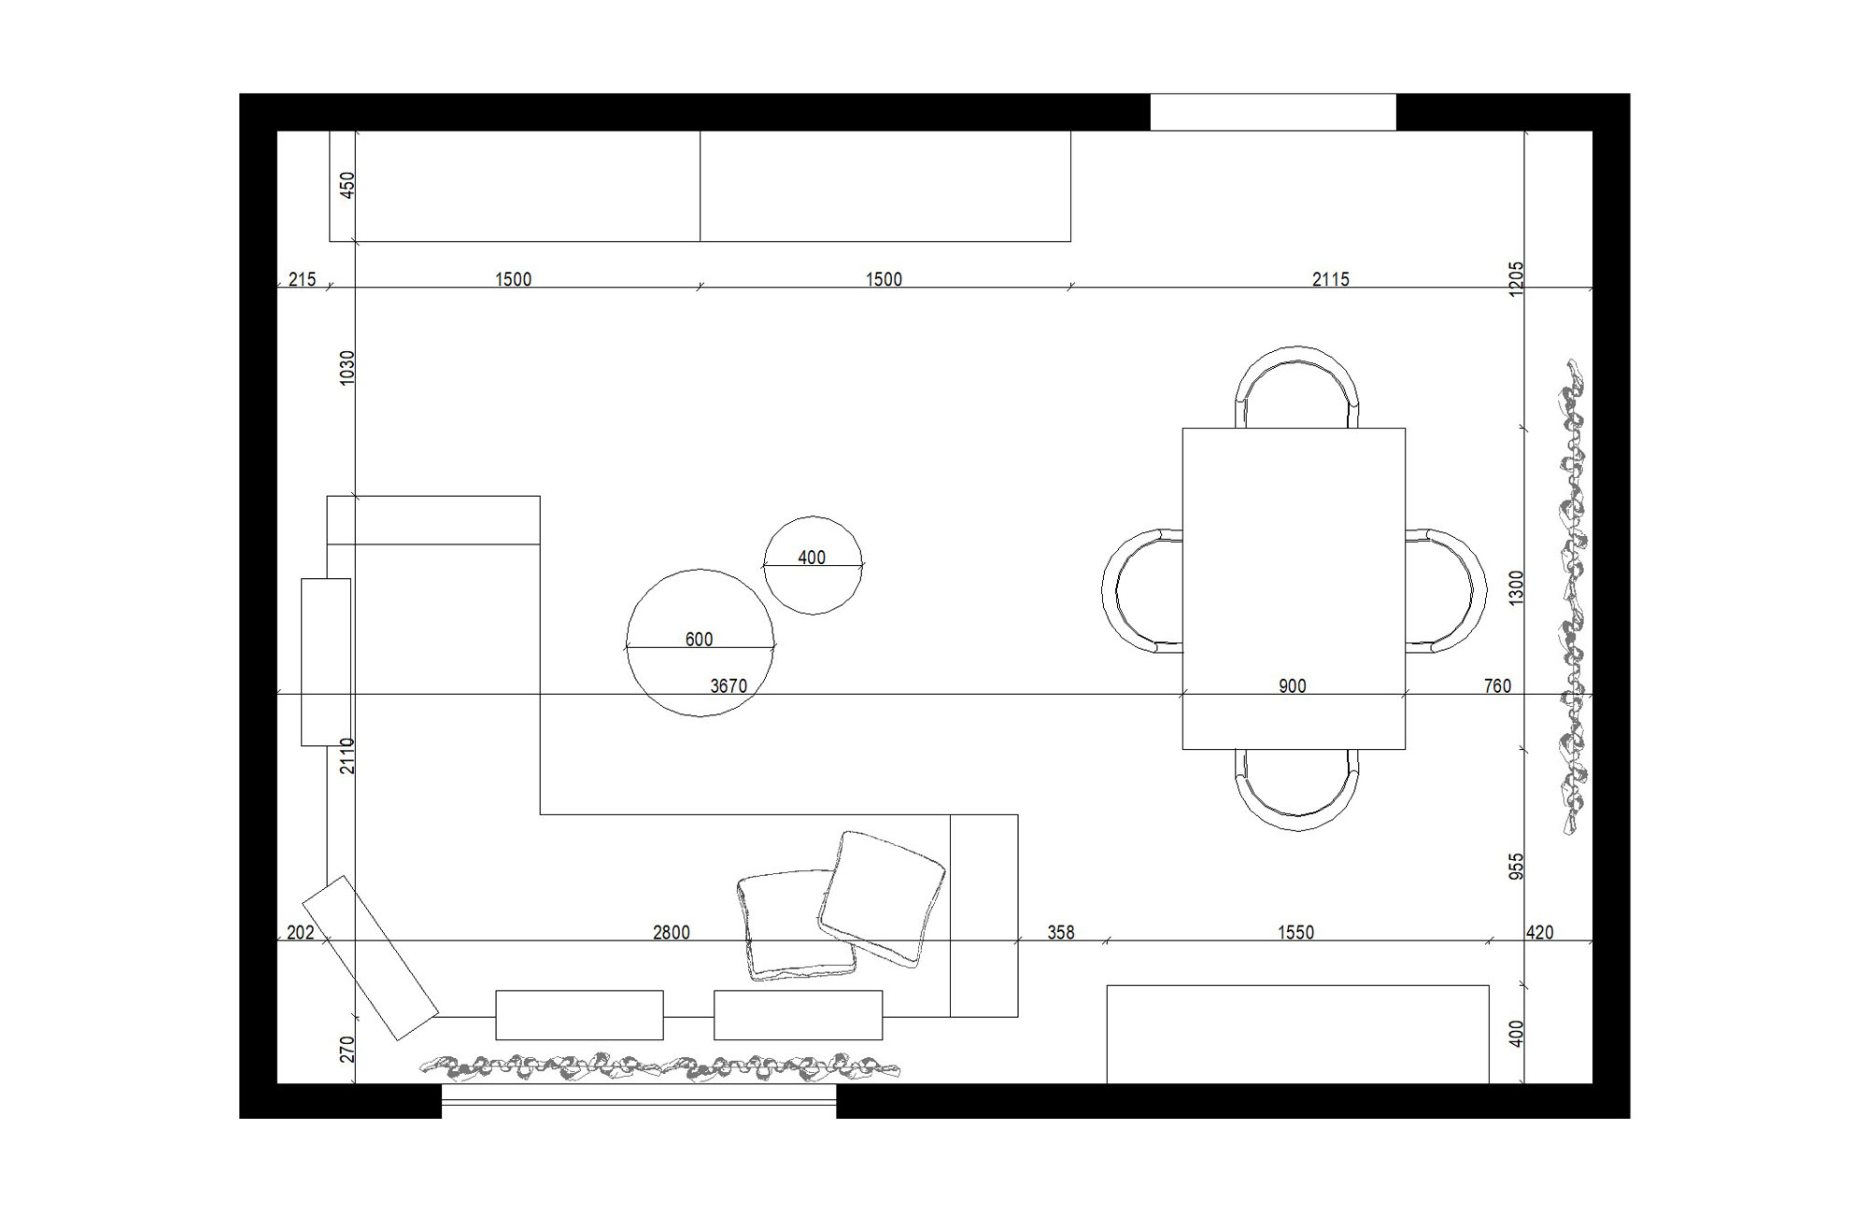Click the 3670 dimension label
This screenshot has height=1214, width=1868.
[x=729, y=685]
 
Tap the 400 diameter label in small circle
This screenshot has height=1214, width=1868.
[x=812, y=558]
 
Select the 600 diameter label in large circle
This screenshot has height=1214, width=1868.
[x=699, y=640]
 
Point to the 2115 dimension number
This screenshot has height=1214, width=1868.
[x=1330, y=278]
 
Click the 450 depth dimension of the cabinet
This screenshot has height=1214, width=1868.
[x=347, y=185]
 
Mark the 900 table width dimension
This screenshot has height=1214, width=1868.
[x=1292, y=685]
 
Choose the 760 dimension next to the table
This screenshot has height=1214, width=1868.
[x=1496, y=685]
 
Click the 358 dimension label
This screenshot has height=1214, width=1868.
[x=1060, y=932]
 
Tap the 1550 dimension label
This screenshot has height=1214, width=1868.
[x=1295, y=932]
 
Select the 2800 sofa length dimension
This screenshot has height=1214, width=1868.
[x=671, y=932]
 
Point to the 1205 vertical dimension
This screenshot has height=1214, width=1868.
[x=1516, y=279]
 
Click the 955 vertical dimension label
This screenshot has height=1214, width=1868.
[x=1516, y=866]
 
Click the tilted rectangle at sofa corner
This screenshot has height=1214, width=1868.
[x=370, y=957]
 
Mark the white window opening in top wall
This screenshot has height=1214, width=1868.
[x=1272, y=112]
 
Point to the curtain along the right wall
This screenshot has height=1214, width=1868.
[x=1572, y=598]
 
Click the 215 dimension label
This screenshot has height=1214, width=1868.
[x=302, y=278]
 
